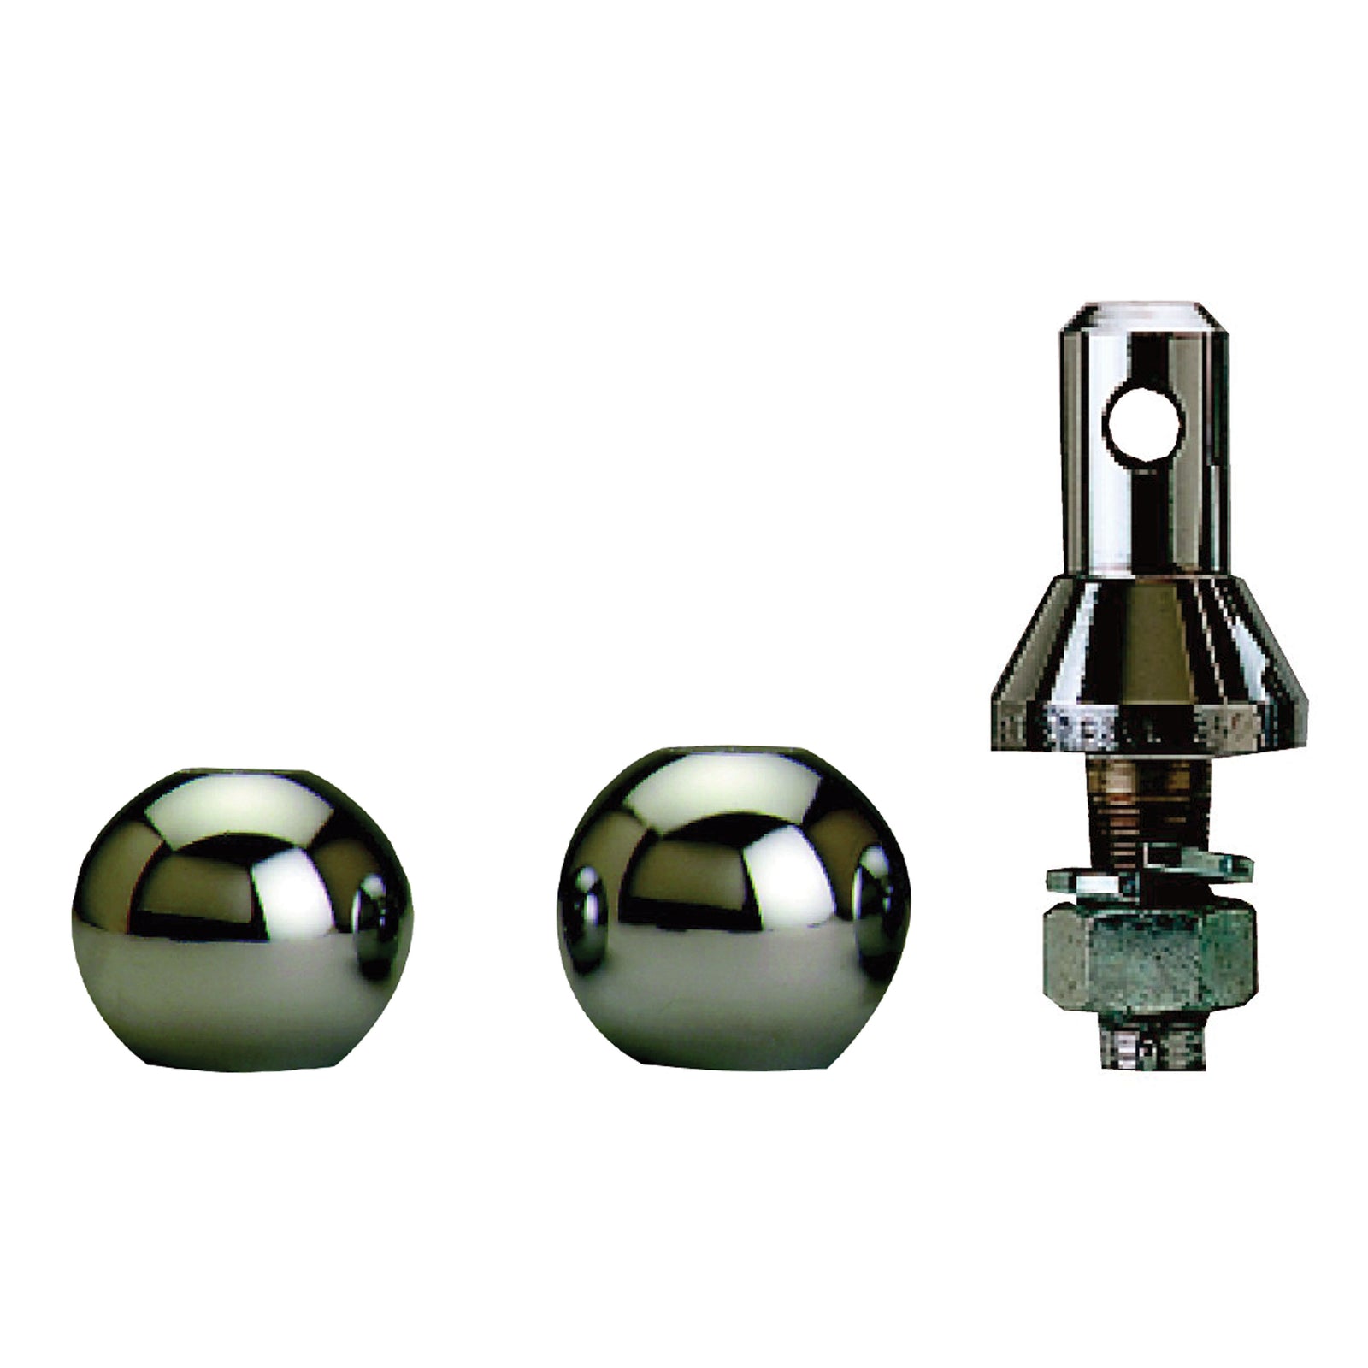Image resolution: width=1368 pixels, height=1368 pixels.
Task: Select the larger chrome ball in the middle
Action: click(733, 919)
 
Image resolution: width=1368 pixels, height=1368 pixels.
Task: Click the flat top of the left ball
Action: click(242, 773)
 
